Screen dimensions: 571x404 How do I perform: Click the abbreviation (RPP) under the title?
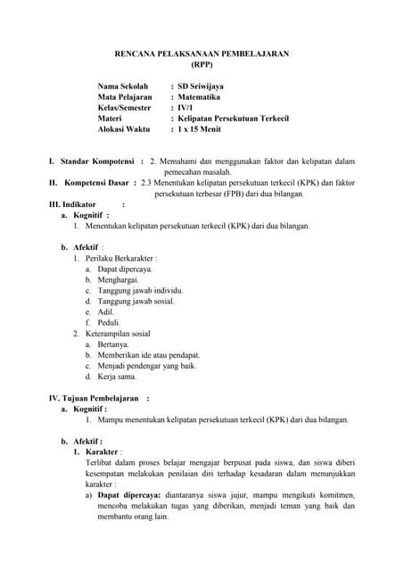coord(202,65)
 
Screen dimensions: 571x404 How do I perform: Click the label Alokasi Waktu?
coord(124,129)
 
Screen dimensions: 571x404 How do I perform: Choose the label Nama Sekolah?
coord(123,87)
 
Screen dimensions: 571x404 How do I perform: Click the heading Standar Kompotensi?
coord(96,161)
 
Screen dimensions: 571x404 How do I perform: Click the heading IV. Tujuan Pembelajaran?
coord(94,398)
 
